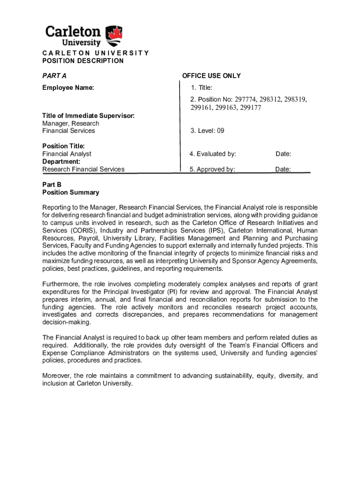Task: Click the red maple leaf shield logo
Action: (x=115, y=35)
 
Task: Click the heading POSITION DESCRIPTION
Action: (x=83, y=61)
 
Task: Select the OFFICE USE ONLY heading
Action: (x=211, y=76)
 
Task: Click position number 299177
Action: (x=249, y=108)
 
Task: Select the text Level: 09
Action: (x=207, y=131)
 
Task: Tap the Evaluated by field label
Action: (x=213, y=154)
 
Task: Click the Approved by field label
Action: (x=212, y=169)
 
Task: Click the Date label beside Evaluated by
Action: (x=283, y=154)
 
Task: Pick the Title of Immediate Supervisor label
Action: (x=88, y=116)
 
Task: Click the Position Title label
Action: (x=64, y=146)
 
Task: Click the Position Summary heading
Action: (x=71, y=192)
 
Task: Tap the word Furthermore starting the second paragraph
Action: (x=60, y=284)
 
